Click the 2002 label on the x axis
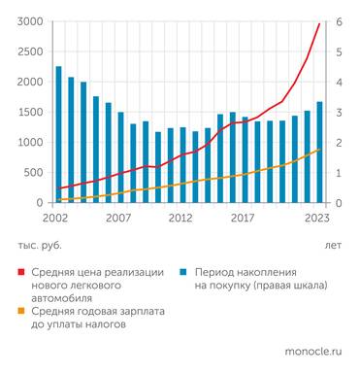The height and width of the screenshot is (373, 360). [56, 219]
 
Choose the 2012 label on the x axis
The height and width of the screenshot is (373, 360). [180, 219]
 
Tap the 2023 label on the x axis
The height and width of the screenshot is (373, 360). [316, 219]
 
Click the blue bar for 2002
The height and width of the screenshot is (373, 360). [59, 135]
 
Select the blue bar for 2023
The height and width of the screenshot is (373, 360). [319, 153]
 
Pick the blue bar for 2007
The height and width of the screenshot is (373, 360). [121, 157]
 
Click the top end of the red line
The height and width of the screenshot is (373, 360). [319, 23]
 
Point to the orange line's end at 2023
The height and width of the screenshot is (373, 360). [319, 150]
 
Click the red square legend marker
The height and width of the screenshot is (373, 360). [21, 274]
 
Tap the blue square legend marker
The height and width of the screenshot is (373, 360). [183, 274]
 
